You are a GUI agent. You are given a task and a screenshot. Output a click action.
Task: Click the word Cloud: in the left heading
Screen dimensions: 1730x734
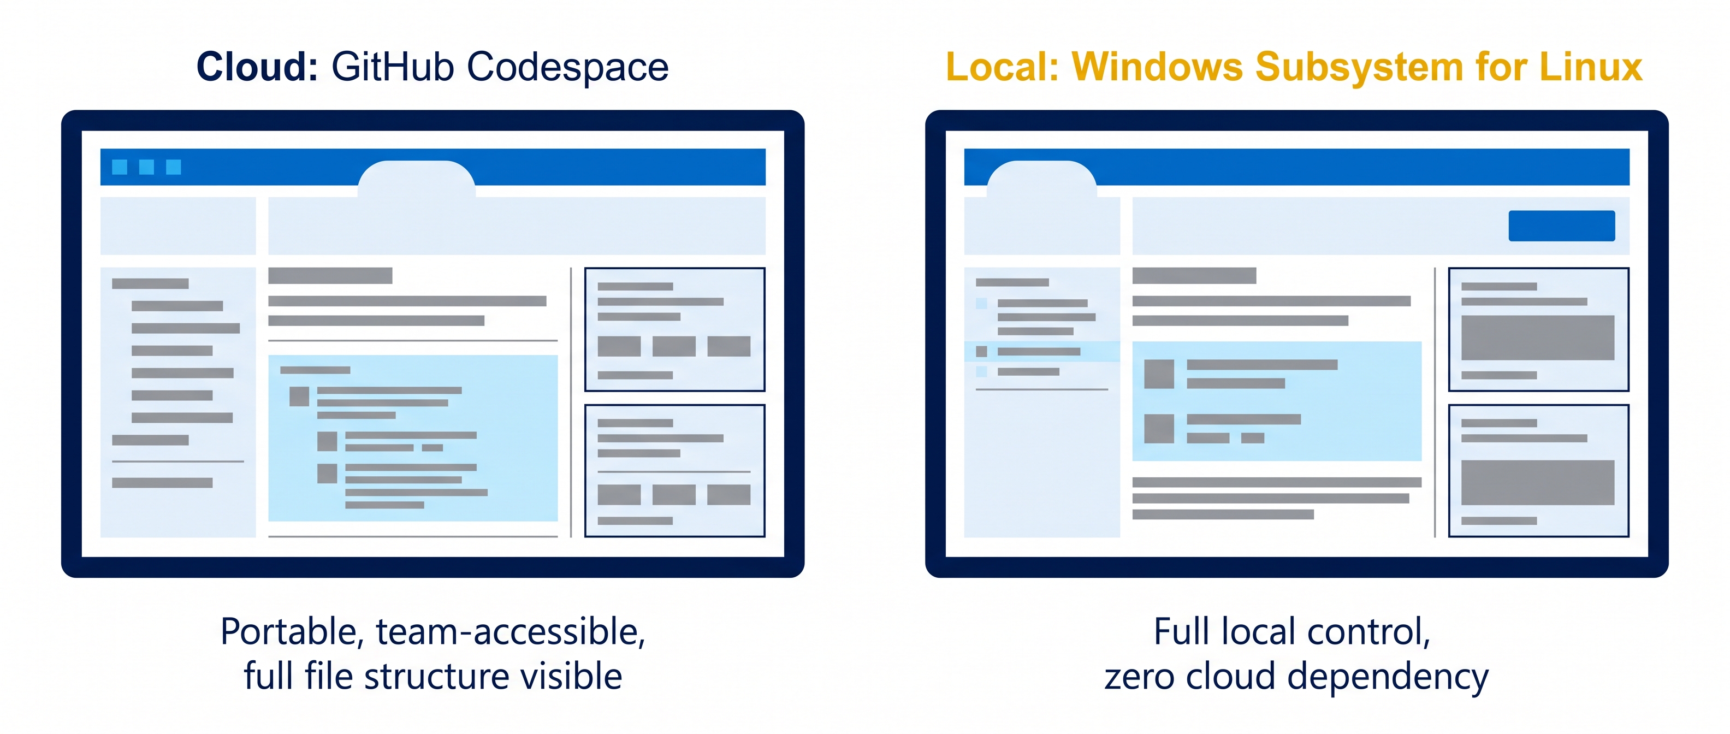click(257, 67)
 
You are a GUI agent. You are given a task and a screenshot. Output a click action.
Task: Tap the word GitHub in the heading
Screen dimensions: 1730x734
click(393, 67)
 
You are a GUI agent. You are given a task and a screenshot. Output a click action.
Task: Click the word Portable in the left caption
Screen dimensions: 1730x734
click(292, 632)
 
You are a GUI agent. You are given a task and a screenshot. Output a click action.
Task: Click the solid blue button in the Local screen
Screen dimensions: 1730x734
click(1561, 226)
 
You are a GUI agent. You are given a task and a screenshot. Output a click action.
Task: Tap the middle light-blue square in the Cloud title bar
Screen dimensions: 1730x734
click(146, 167)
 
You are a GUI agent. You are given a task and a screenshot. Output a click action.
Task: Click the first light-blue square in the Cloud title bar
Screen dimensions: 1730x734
click(120, 167)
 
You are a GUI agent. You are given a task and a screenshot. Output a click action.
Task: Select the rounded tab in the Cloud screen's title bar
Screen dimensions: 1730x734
click(416, 179)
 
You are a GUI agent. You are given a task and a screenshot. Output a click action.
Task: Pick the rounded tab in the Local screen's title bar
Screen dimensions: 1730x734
click(1041, 179)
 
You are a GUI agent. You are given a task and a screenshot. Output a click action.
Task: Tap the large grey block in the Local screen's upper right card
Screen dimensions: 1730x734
click(1538, 338)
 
